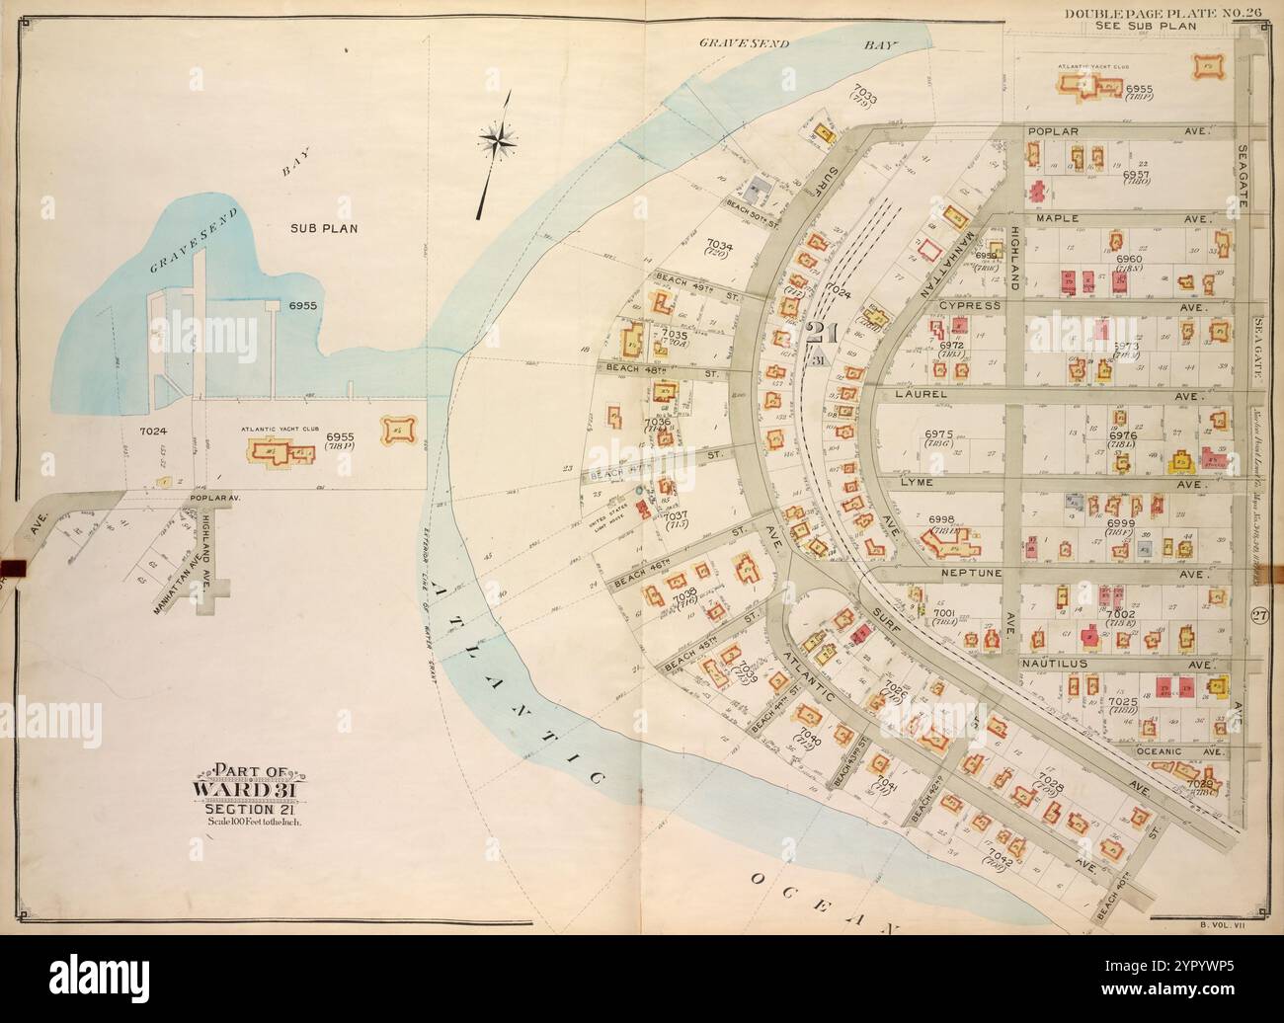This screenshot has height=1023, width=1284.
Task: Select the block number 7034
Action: (x=719, y=243)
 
